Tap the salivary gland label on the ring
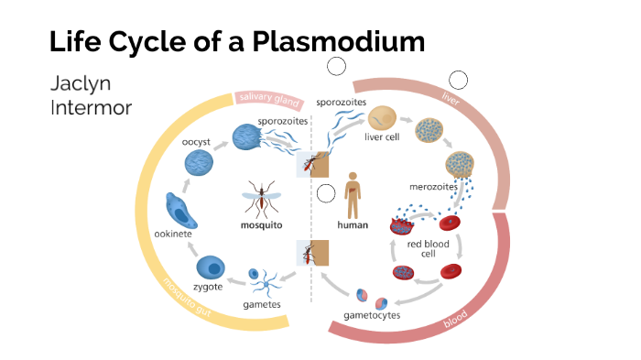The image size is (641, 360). [x=268, y=97]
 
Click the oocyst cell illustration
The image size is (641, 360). [x=201, y=162]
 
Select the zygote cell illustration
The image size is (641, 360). [x=212, y=267]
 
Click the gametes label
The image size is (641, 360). [x=262, y=303]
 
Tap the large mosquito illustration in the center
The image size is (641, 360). [x=261, y=196]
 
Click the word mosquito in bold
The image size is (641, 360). [x=261, y=224]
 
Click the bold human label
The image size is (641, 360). [x=353, y=224]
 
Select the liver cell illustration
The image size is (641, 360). [x=382, y=118]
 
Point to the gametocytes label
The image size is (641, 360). [x=373, y=315]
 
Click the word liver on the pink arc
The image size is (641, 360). [x=450, y=98]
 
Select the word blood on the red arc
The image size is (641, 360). [x=455, y=320]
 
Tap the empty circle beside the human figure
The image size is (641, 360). [x=326, y=193]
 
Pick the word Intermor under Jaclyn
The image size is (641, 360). [x=92, y=108]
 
